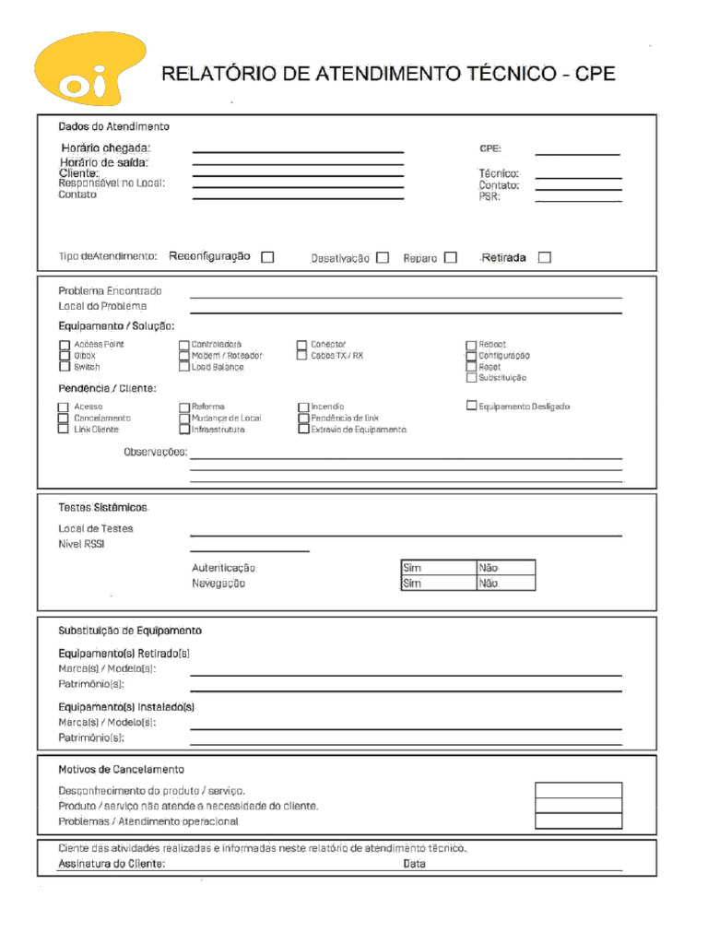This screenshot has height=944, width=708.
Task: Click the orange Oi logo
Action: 88,70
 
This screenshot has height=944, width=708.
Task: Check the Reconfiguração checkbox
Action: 267,257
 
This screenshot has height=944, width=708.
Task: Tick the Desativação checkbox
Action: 383,258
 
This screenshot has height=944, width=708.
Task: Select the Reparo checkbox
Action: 450,258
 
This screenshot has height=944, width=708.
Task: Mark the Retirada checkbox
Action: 544,257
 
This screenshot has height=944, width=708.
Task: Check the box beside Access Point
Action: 65,345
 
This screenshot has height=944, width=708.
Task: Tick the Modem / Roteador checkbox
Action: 184,356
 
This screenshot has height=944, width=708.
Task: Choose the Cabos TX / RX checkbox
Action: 302,355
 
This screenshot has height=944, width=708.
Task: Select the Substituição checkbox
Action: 472,377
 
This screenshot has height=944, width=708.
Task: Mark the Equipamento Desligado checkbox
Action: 472,405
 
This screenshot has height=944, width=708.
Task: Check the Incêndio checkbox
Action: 303,407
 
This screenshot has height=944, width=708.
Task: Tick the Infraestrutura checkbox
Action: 184,429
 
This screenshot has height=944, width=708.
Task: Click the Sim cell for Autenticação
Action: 438,568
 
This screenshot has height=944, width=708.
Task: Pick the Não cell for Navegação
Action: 505,584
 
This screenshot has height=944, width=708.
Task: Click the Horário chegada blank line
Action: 298,150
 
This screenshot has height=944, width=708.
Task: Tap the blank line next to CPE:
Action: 577,153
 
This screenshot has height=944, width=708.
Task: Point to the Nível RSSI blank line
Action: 249,550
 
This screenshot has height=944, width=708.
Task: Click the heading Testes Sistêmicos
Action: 102,508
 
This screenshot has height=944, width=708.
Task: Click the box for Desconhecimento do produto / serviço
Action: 578,790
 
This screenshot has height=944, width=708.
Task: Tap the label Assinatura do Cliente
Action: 112,864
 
